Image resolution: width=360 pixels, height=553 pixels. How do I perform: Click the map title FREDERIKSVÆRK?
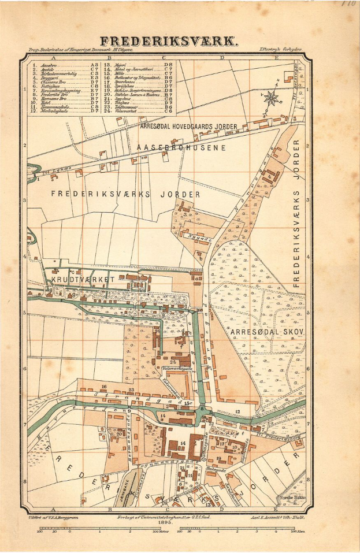click(x=168, y=42)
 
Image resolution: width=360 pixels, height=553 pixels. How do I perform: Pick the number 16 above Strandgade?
click(x=104, y=386)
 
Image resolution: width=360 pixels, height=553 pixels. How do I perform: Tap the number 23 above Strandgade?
click(x=132, y=390)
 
